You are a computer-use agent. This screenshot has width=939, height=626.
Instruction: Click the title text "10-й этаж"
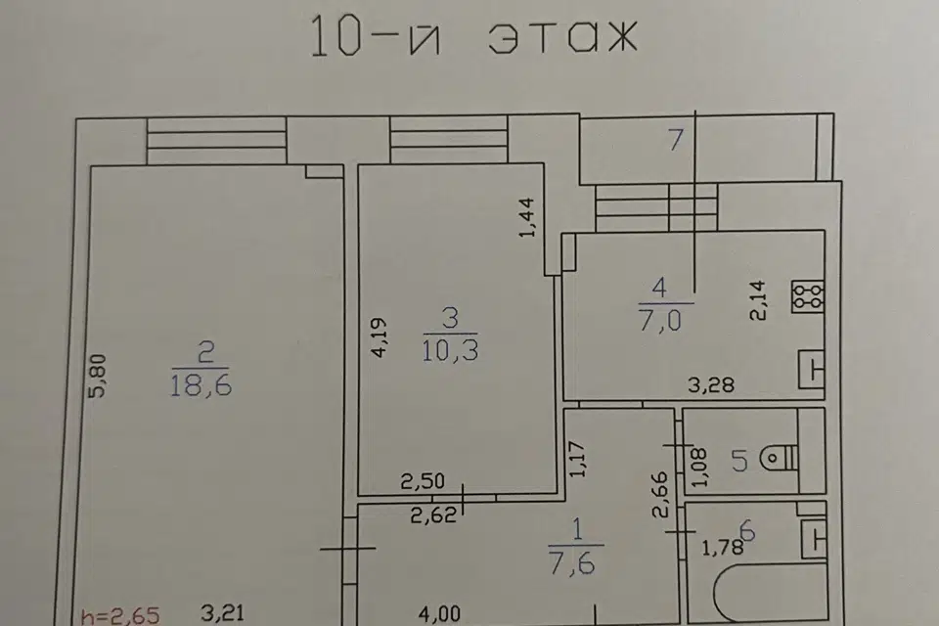click(x=473, y=37)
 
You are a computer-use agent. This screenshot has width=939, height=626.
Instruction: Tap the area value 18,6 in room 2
click(x=201, y=385)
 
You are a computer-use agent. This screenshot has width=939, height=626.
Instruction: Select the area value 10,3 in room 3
click(x=450, y=350)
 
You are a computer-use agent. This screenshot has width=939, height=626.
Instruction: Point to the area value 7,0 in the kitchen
click(x=659, y=321)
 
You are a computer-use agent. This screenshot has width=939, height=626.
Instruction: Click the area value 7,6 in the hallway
click(x=572, y=563)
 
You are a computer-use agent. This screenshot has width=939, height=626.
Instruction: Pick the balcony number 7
click(x=676, y=140)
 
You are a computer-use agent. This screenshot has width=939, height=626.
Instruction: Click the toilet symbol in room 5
click(x=780, y=459)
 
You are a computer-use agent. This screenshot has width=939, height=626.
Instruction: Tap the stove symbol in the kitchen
click(x=807, y=296)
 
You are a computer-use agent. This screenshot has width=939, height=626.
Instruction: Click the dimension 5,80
click(x=97, y=377)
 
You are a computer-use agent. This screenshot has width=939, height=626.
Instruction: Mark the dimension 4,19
click(x=380, y=337)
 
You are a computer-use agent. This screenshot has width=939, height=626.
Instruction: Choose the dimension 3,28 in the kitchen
click(x=711, y=384)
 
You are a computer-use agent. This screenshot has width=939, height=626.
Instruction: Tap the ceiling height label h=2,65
click(x=120, y=616)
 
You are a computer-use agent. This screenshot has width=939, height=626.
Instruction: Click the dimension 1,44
click(x=527, y=218)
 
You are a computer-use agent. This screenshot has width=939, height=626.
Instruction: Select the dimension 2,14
click(x=757, y=300)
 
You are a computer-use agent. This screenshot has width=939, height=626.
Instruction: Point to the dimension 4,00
click(x=439, y=614)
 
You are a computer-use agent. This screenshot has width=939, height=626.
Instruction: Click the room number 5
click(x=739, y=462)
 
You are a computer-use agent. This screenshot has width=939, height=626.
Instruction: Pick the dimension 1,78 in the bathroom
click(x=722, y=547)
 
